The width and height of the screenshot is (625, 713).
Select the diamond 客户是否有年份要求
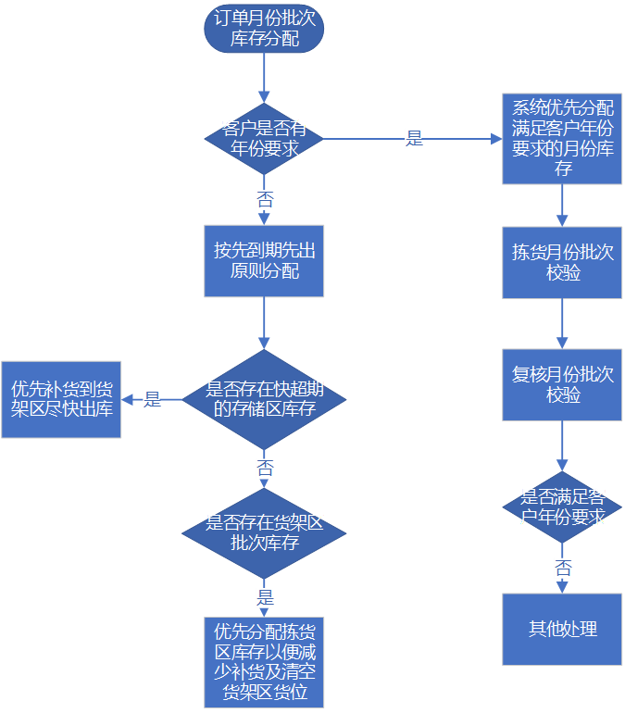click(x=264, y=138)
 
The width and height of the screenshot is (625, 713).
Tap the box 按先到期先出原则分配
click(x=264, y=260)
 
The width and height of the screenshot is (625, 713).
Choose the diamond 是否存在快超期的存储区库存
click(x=265, y=399)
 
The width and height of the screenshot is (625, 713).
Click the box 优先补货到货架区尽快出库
click(x=60, y=399)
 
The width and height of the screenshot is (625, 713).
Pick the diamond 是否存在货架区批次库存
click(x=264, y=532)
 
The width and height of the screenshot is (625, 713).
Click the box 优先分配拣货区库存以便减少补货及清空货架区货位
click(x=264, y=661)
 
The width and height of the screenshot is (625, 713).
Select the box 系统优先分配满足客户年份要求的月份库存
click(x=562, y=138)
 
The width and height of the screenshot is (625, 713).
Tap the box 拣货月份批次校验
click(x=562, y=262)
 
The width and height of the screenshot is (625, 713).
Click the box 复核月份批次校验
click(x=562, y=384)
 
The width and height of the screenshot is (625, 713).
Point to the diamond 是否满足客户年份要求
click(x=562, y=507)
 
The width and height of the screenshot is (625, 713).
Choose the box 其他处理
click(x=562, y=629)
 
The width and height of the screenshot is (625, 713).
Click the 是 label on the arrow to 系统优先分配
click(x=414, y=139)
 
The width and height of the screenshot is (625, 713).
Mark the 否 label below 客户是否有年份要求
click(x=264, y=198)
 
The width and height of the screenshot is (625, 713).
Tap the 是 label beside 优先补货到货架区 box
click(x=151, y=400)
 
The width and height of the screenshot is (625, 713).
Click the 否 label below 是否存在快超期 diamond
click(x=264, y=468)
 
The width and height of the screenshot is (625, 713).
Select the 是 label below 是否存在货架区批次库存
click(x=265, y=596)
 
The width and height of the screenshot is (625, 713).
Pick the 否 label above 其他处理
click(x=562, y=568)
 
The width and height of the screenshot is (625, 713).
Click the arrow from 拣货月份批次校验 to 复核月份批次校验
click(x=562, y=323)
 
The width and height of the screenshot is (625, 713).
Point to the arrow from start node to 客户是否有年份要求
click(x=264, y=79)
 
